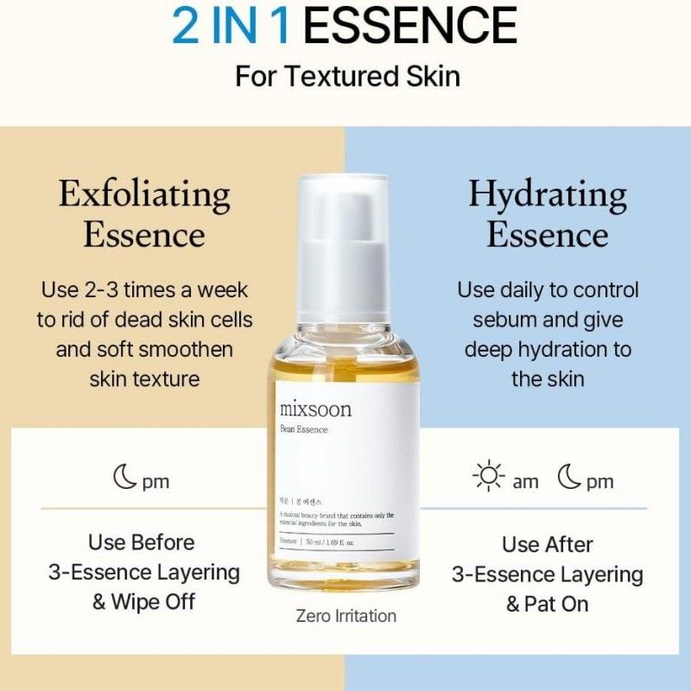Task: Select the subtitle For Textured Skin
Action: (347, 75)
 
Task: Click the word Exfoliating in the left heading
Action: (144, 195)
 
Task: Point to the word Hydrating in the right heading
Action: (547, 195)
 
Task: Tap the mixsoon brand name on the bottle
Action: (315, 409)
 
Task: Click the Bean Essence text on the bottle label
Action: (304, 429)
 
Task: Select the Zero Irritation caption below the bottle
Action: (345, 616)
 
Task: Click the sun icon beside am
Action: (488, 478)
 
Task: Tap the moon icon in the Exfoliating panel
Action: (124, 478)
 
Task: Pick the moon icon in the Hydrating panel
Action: (569, 478)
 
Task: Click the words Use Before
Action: (142, 542)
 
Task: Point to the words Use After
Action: (548, 544)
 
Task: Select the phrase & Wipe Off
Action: (144, 601)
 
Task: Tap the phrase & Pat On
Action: (548, 604)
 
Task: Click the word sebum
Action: (501, 320)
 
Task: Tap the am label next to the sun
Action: (525, 482)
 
